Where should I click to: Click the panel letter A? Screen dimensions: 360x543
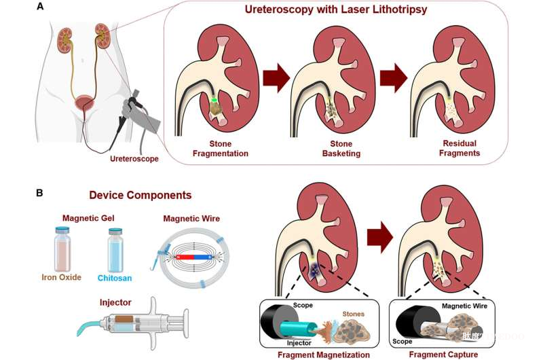[x=40, y=7]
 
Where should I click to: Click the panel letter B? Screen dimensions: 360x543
[x=40, y=193]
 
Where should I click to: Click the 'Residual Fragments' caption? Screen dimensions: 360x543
[x=460, y=148]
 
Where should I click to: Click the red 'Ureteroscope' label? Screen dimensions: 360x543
[x=135, y=159]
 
